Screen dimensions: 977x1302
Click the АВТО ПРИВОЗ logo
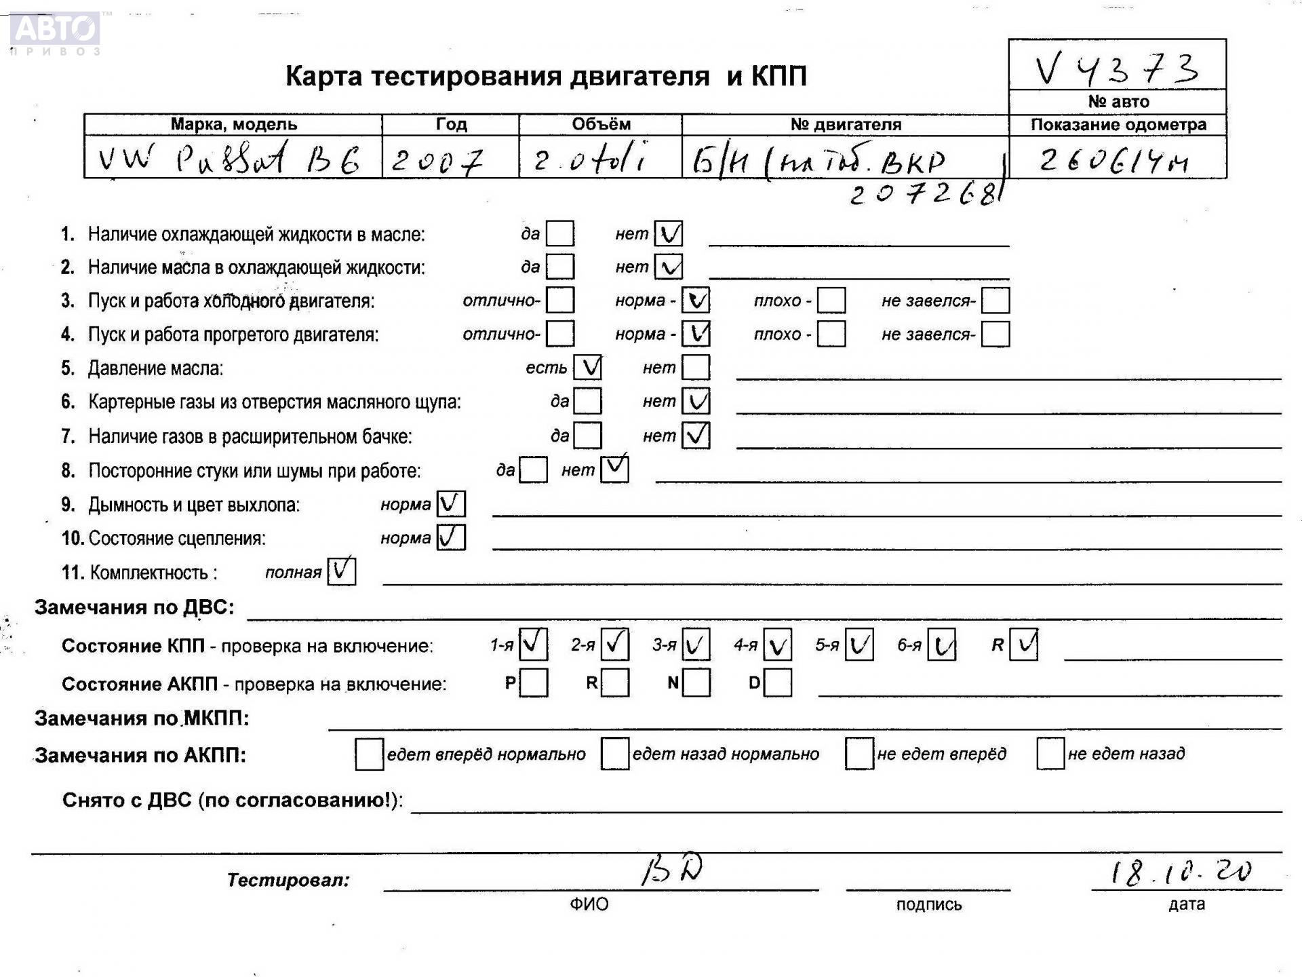pyautogui.click(x=56, y=33)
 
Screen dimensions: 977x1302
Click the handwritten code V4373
pyautogui.click(x=1116, y=68)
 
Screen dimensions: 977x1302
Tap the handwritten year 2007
pyautogui.click(x=437, y=161)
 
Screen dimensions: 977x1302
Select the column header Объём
pyautogui.click(x=600, y=125)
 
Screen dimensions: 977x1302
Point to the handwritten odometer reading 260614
pyautogui.click(x=1113, y=161)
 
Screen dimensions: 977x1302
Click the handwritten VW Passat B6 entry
pyautogui.click(x=229, y=159)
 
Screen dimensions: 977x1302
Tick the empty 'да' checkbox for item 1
pyautogui.click(x=560, y=234)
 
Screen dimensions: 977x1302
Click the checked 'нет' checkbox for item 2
pyautogui.click(x=669, y=267)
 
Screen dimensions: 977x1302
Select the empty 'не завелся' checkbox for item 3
pyautogui.click(x=995, y=301)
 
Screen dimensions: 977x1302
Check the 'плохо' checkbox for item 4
pyautogui.click(x=831, y=334)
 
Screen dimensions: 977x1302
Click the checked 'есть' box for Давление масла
pyautogui.click(x=587, y=368)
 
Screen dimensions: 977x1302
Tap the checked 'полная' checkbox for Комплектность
pyautogui.click(x=341, y=571)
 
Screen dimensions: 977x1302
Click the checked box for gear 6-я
pyautogui.click(x=941, y=645)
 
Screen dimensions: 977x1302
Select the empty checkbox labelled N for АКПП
pyautogui.click(x=696, y=683)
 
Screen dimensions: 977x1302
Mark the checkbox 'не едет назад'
pyautogui.click(x=1050, y=754)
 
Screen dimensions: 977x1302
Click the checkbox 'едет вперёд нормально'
pyautogui.click(x=369, y=754)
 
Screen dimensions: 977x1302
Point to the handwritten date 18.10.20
pyautogui.click(x=1181, y=872)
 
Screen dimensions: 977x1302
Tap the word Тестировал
pyautogui.click(x=288, y=881)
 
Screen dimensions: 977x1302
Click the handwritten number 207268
pyautogui.click(x=926, y=195)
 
